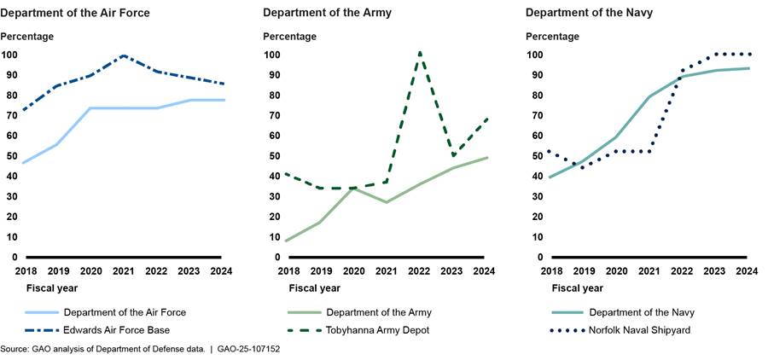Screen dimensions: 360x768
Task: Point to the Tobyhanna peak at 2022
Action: point(420,52)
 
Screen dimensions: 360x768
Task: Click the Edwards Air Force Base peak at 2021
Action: point(125,55)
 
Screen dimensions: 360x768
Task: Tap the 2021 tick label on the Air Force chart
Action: point(125,271)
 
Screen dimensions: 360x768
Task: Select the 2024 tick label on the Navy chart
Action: point(747,271)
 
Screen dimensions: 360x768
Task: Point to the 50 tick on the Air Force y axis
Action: point(9,156)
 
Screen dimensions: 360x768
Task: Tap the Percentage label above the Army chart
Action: point(289,37)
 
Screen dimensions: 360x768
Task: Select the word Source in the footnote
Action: point(15,350)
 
